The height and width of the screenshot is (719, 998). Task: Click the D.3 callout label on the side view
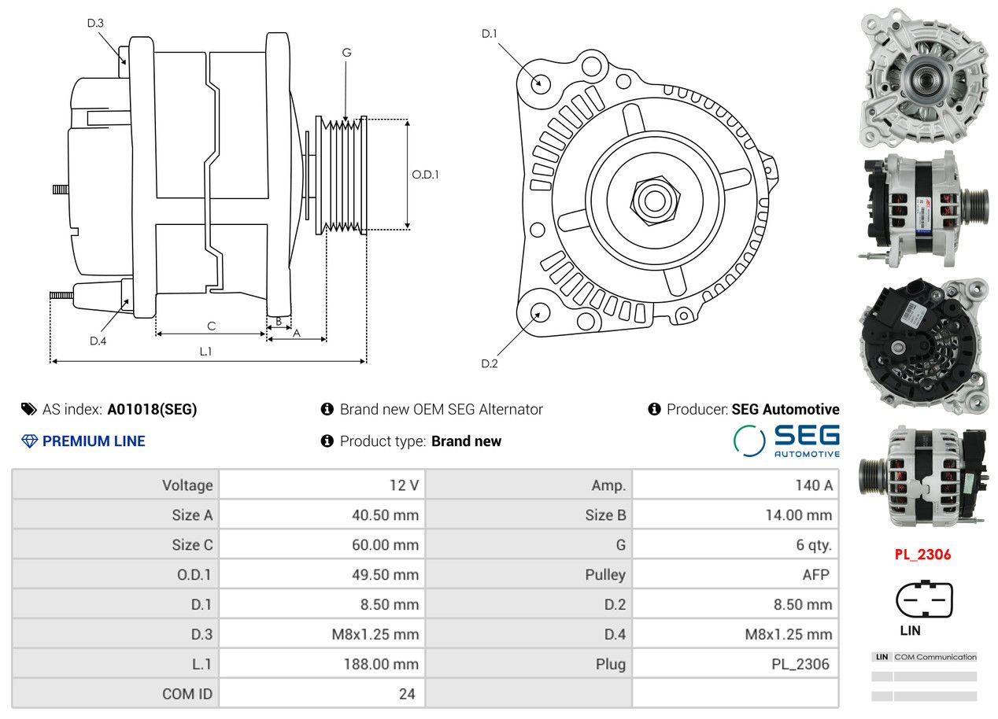click(x=95, y=23)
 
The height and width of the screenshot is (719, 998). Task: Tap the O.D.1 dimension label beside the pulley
click(x=425, y=175)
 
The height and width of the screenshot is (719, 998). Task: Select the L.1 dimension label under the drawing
click(x=205, y=352)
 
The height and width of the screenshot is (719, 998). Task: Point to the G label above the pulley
click(x=346, y=53)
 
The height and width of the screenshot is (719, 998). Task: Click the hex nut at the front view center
click(x=653, y=199)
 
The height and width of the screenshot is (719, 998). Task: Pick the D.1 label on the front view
click(x=490, y=33)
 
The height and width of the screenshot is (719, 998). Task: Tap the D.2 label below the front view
click(x=490, y=363)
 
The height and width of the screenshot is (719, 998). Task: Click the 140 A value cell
click(x=813, y=485)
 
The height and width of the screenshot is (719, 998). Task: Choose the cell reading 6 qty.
click(x=814, y=544)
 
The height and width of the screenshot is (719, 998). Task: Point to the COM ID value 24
click(x=407, y=694)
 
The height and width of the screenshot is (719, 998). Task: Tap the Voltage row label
click(x=187, y=485)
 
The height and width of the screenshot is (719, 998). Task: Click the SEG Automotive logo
click(x=786, y=441)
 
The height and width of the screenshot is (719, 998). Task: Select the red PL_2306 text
click(x=922, y=555)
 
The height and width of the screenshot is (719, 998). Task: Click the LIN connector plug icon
click(x=924, y=599)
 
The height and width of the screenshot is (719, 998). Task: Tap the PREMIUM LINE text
click(x=94, y=441)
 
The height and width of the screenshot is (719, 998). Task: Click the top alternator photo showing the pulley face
click(x=923, y=76)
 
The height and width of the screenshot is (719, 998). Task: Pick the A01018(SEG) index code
click(x=152, y=409)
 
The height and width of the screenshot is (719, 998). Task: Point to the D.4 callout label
click(x=98, y=341)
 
